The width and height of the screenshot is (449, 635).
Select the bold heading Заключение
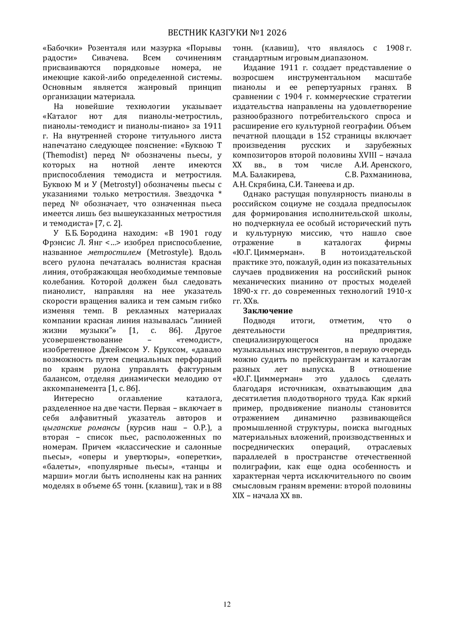[268, 311]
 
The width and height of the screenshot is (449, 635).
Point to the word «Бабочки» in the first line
[60, 48]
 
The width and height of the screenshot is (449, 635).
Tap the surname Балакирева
[263, 175]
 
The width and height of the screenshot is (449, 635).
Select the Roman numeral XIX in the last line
[238, 496]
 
